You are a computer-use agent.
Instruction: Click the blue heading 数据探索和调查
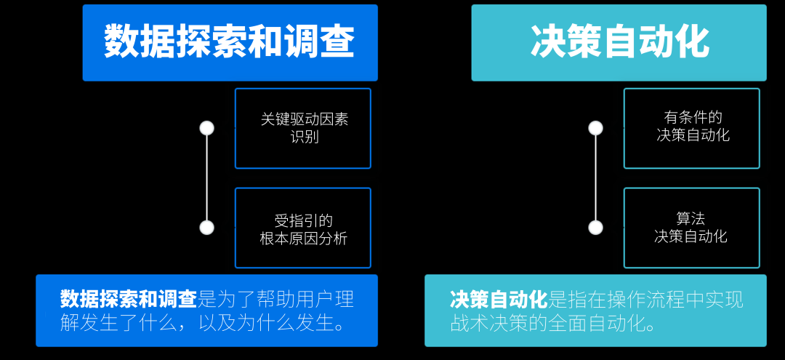coord(230,42)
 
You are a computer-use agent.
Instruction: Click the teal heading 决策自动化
coord(619,42)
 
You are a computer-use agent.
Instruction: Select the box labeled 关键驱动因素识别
coord(303,128)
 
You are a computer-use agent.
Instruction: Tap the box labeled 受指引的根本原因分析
coord(303,228)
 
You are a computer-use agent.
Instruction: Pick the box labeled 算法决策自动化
coord(692,227)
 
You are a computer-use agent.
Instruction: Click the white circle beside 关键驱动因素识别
coord(207,128)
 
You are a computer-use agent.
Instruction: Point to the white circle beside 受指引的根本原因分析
coord(207,228)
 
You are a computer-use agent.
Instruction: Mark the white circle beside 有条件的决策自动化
coord(596,128)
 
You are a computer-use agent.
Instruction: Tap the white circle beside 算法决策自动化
coord(596,228)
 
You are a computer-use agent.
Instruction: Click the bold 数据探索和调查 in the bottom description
coord(129,299)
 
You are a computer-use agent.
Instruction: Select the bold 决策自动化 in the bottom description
coord(498,299)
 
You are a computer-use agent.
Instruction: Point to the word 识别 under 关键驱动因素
coord(305,137)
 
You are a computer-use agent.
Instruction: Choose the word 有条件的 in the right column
coord(693,117)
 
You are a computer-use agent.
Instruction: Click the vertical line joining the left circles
coord(207,178)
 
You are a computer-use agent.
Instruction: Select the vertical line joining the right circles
coord(596,178)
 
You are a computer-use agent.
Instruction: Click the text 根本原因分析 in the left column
coord(304,238)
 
